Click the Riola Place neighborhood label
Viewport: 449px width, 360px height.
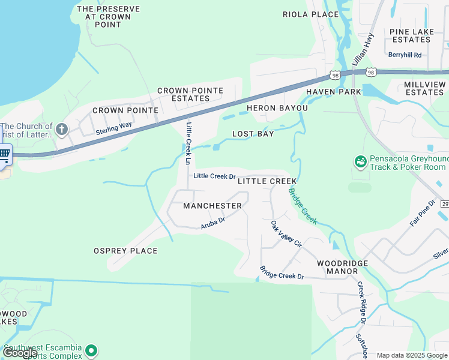point(311,14)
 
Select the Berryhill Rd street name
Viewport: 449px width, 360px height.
point(405,55)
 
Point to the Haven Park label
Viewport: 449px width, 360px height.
point(333,92)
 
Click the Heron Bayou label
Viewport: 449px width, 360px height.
point(277,108)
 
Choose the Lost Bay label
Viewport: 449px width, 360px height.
point(253,134)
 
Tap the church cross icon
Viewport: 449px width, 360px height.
point(62,129)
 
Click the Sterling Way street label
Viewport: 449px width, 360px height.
point(113,128)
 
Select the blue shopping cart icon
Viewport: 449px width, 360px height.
point(5,155)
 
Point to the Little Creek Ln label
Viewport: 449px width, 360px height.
point(188,143)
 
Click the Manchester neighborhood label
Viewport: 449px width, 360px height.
point(212,206)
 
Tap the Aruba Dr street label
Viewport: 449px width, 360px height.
point(212,223)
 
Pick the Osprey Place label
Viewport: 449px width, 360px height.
point(125,251)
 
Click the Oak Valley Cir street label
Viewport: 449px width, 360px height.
point(285,235)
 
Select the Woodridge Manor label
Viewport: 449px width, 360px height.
point(342,267)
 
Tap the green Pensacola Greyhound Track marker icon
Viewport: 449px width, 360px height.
point(360,161)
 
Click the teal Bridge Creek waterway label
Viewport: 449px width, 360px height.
point(303,206)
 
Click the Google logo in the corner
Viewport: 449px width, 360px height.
point(20,352)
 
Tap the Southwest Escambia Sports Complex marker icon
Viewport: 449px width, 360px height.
point(91,349)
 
